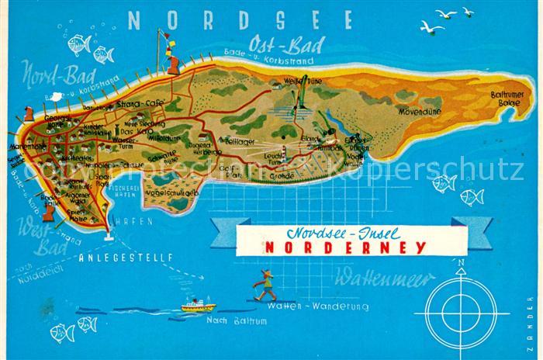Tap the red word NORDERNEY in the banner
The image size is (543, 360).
[x=345, y=248]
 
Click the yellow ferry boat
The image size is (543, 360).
[x=198, y=306]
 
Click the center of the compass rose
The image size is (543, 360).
[x=459, y=313]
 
